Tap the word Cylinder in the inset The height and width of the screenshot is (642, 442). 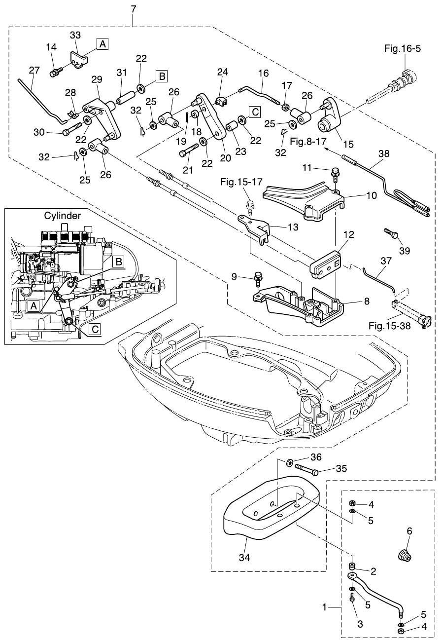coord(63,216)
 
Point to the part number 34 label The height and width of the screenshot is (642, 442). coord(244,558)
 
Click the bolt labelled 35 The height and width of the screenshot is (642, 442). coord(306,470)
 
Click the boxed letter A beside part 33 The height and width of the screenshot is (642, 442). coord(102,44)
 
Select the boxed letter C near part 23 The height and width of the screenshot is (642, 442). coord(254,112)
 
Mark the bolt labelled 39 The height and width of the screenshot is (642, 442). coord(391,233)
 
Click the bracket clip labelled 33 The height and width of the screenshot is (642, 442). coord(78,61)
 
